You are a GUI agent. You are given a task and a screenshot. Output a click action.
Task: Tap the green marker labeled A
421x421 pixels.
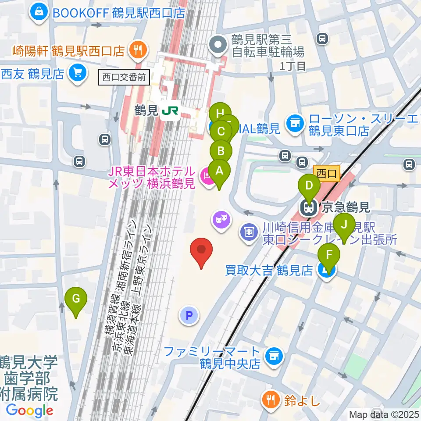click(218, 170)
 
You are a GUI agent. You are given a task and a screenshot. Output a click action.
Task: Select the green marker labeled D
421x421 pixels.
click(309, 186)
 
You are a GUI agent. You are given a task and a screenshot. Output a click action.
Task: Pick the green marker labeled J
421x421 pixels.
click(344, 225)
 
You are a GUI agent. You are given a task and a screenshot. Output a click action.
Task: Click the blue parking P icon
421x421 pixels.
click(189, 315)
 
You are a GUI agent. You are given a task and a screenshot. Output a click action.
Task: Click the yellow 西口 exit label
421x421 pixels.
click(327, 174)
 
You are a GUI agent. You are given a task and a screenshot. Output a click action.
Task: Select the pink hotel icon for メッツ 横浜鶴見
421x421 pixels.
click(206, 177)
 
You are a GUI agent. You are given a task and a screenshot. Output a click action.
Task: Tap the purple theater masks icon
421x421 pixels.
click(221, 218)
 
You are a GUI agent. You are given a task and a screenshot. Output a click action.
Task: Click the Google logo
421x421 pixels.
click(30, 410)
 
